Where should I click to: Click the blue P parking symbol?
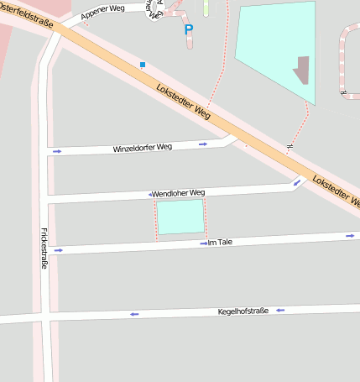click(189, 30)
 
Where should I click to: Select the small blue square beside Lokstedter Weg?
click(143, 65)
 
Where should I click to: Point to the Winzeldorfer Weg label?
click(142, 148)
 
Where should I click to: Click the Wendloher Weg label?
click(178, 193)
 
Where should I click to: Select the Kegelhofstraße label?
click(243, 311)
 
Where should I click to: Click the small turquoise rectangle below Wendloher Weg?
click(180, 217)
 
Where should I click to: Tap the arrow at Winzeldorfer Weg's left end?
click(57, 152)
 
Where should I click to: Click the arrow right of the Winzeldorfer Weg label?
click(203, 144)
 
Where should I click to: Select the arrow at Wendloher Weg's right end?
click(297, 182)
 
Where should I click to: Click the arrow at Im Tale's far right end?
click(350, 236)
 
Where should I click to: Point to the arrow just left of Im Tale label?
click(203, 243)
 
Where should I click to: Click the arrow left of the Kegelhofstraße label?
click(133, 315)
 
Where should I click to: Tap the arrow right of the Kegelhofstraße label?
click(280, 311)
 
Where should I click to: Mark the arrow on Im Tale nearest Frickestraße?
click(58, 250)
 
